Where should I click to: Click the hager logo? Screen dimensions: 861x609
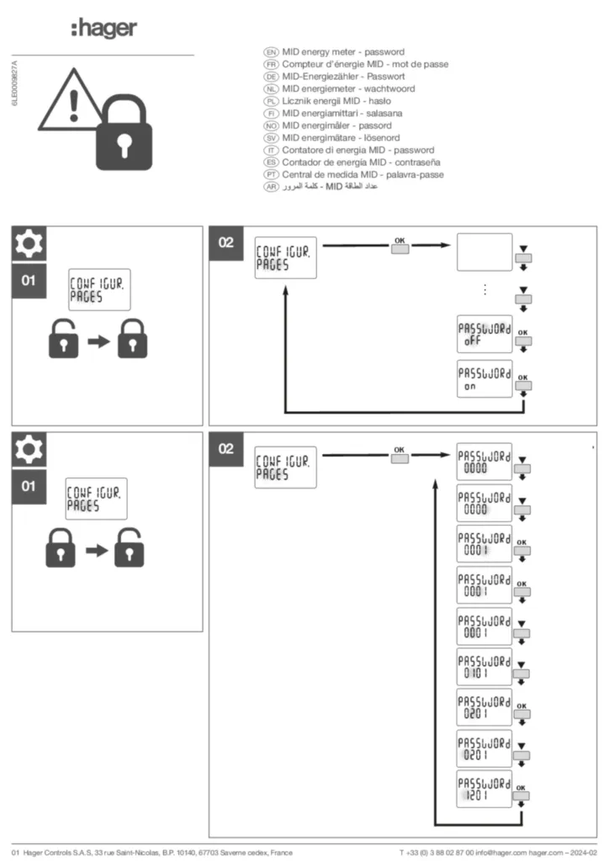(x=103, y=29)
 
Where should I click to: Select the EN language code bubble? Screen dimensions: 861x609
(x=271, y=52)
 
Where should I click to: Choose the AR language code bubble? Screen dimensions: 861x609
(x=271, y=186)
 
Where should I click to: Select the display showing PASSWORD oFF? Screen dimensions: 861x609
(x=484, y=336)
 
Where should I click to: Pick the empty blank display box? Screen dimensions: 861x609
(x=484, y=252)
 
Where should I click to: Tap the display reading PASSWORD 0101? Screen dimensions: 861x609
(x=484, y=667)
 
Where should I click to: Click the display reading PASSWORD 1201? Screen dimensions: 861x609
(x=484, y=789)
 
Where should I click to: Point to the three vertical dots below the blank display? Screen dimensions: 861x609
(x=485, y=290)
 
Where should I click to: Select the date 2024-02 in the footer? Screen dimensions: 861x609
(x=582, y=853)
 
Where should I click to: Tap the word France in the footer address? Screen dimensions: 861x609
(x=278, y=853)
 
